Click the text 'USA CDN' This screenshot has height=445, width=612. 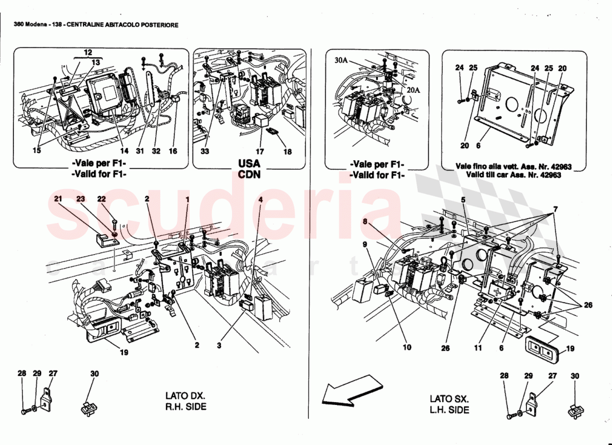tap(249, 169)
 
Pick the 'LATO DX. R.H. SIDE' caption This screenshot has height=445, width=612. tap(185, 401)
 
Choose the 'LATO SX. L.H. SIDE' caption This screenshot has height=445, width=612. tap(449, 404)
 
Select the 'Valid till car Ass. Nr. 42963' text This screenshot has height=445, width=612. tap(507, 175)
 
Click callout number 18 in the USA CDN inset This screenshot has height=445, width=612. tap(287, 151)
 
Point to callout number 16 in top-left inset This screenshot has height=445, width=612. tap(174, 151)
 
